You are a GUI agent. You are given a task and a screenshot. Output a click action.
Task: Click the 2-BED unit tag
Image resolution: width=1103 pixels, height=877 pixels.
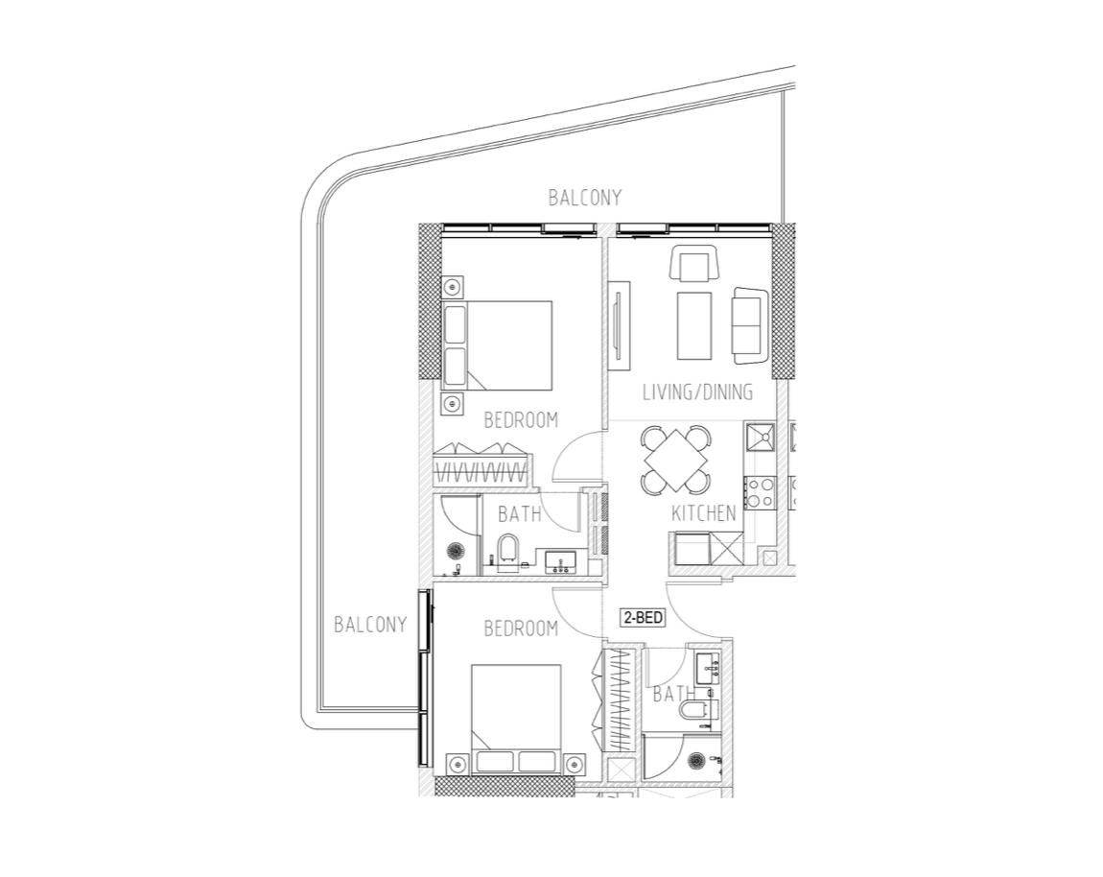(x=643, y=617)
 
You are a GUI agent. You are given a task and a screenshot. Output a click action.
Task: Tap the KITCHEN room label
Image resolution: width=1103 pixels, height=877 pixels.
(x=703, y=513)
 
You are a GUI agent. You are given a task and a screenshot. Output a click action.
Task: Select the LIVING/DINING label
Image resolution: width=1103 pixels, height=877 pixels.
(x=698, y=392)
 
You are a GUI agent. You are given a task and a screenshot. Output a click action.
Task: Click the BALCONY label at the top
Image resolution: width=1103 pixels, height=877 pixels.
(x=585, y=198)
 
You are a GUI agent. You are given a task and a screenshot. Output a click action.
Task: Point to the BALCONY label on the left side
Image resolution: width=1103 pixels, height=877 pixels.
(x=370, y=625)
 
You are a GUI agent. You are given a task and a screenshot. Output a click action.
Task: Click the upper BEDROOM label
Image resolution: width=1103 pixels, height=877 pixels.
(x=521, y=420)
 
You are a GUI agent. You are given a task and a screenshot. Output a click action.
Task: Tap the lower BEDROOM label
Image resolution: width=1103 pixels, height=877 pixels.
(x=521, y=628)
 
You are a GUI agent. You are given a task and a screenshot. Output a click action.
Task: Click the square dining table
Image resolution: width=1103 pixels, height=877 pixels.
(x=675, y=461)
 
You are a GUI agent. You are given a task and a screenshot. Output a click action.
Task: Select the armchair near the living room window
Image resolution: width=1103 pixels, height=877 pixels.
(x=694, y=264)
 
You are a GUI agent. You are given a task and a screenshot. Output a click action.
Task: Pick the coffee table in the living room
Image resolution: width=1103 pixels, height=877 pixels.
(x=694, y=326)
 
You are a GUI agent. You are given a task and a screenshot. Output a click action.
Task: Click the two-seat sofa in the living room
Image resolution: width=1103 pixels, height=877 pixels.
(x=749, y=325)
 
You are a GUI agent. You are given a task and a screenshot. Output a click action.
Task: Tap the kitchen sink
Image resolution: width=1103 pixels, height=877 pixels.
(x=760, y=437)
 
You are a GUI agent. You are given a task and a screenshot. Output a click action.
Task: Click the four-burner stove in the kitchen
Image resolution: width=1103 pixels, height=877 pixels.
(x=760, y=492)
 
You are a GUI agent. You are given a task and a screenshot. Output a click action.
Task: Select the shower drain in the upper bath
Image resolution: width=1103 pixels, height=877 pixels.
(x=456, y=551)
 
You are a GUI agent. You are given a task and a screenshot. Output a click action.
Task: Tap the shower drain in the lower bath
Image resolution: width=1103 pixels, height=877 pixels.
(x=696, y=760)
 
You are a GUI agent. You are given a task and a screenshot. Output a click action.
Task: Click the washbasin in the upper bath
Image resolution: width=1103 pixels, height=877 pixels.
(x=561, y=561)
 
